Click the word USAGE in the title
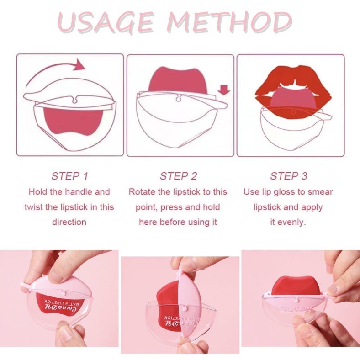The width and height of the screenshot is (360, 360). (x=105, y=22)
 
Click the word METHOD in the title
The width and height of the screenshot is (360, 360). (x=229, y=22)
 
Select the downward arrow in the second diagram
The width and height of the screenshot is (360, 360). (x=224, y=90)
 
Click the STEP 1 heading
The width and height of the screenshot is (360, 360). (x=69, y=176)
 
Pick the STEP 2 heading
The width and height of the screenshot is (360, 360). (x=178, y=176)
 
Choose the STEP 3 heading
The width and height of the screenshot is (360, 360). (x=288, y=176)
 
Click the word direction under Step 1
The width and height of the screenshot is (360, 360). (x=69, y=222)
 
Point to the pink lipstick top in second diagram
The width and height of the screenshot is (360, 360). (x=178, y=80)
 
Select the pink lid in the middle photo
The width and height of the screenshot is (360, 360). (x=190, y=303)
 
